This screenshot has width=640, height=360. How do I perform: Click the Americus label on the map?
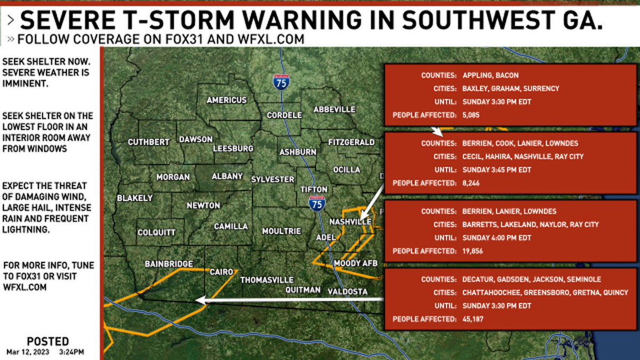click(226, 100)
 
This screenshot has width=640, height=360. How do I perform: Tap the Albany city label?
click(227, 176)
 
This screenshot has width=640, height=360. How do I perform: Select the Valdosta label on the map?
click(348, 291)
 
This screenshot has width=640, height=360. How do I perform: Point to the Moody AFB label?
click(355, 263)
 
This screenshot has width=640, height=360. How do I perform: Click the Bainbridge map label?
click(169, 263)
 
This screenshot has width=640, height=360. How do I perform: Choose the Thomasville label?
click(267, 279)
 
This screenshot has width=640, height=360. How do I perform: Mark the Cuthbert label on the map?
click(148, 142)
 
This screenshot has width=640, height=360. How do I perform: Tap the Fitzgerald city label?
click(351, 142)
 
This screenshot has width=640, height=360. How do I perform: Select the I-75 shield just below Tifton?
click(317, 203)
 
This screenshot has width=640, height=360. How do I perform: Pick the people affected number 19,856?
click(473, 251)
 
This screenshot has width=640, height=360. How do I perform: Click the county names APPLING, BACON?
click(490, 76)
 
